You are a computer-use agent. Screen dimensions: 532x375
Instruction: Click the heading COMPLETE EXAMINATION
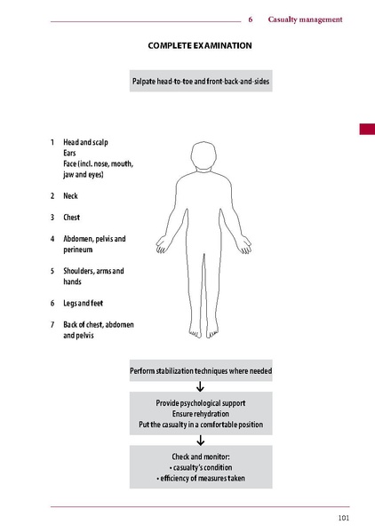point(200,44)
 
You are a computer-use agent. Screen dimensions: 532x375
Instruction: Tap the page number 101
point(342,518)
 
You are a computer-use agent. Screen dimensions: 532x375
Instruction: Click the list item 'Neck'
point(70,195)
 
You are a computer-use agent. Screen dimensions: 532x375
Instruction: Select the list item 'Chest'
point(71,217)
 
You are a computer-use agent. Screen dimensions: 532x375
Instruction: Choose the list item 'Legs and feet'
point(83,303)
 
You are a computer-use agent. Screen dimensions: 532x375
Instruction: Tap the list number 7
point(52,324)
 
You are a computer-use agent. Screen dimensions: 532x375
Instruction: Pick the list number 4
point(52,238)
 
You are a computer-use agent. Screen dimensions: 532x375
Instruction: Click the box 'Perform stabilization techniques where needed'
point(200,370)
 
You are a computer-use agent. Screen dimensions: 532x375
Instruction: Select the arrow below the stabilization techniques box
point(200,386)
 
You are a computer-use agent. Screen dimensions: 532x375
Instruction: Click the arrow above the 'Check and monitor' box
point(200,440)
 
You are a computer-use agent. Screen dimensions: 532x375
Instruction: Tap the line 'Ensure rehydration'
point(200,414)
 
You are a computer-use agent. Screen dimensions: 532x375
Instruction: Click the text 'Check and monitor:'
point(200,457)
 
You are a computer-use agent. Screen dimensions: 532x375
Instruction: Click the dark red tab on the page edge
point(366,130)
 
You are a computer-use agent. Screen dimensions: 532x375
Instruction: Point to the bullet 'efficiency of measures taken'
point(200,480)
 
